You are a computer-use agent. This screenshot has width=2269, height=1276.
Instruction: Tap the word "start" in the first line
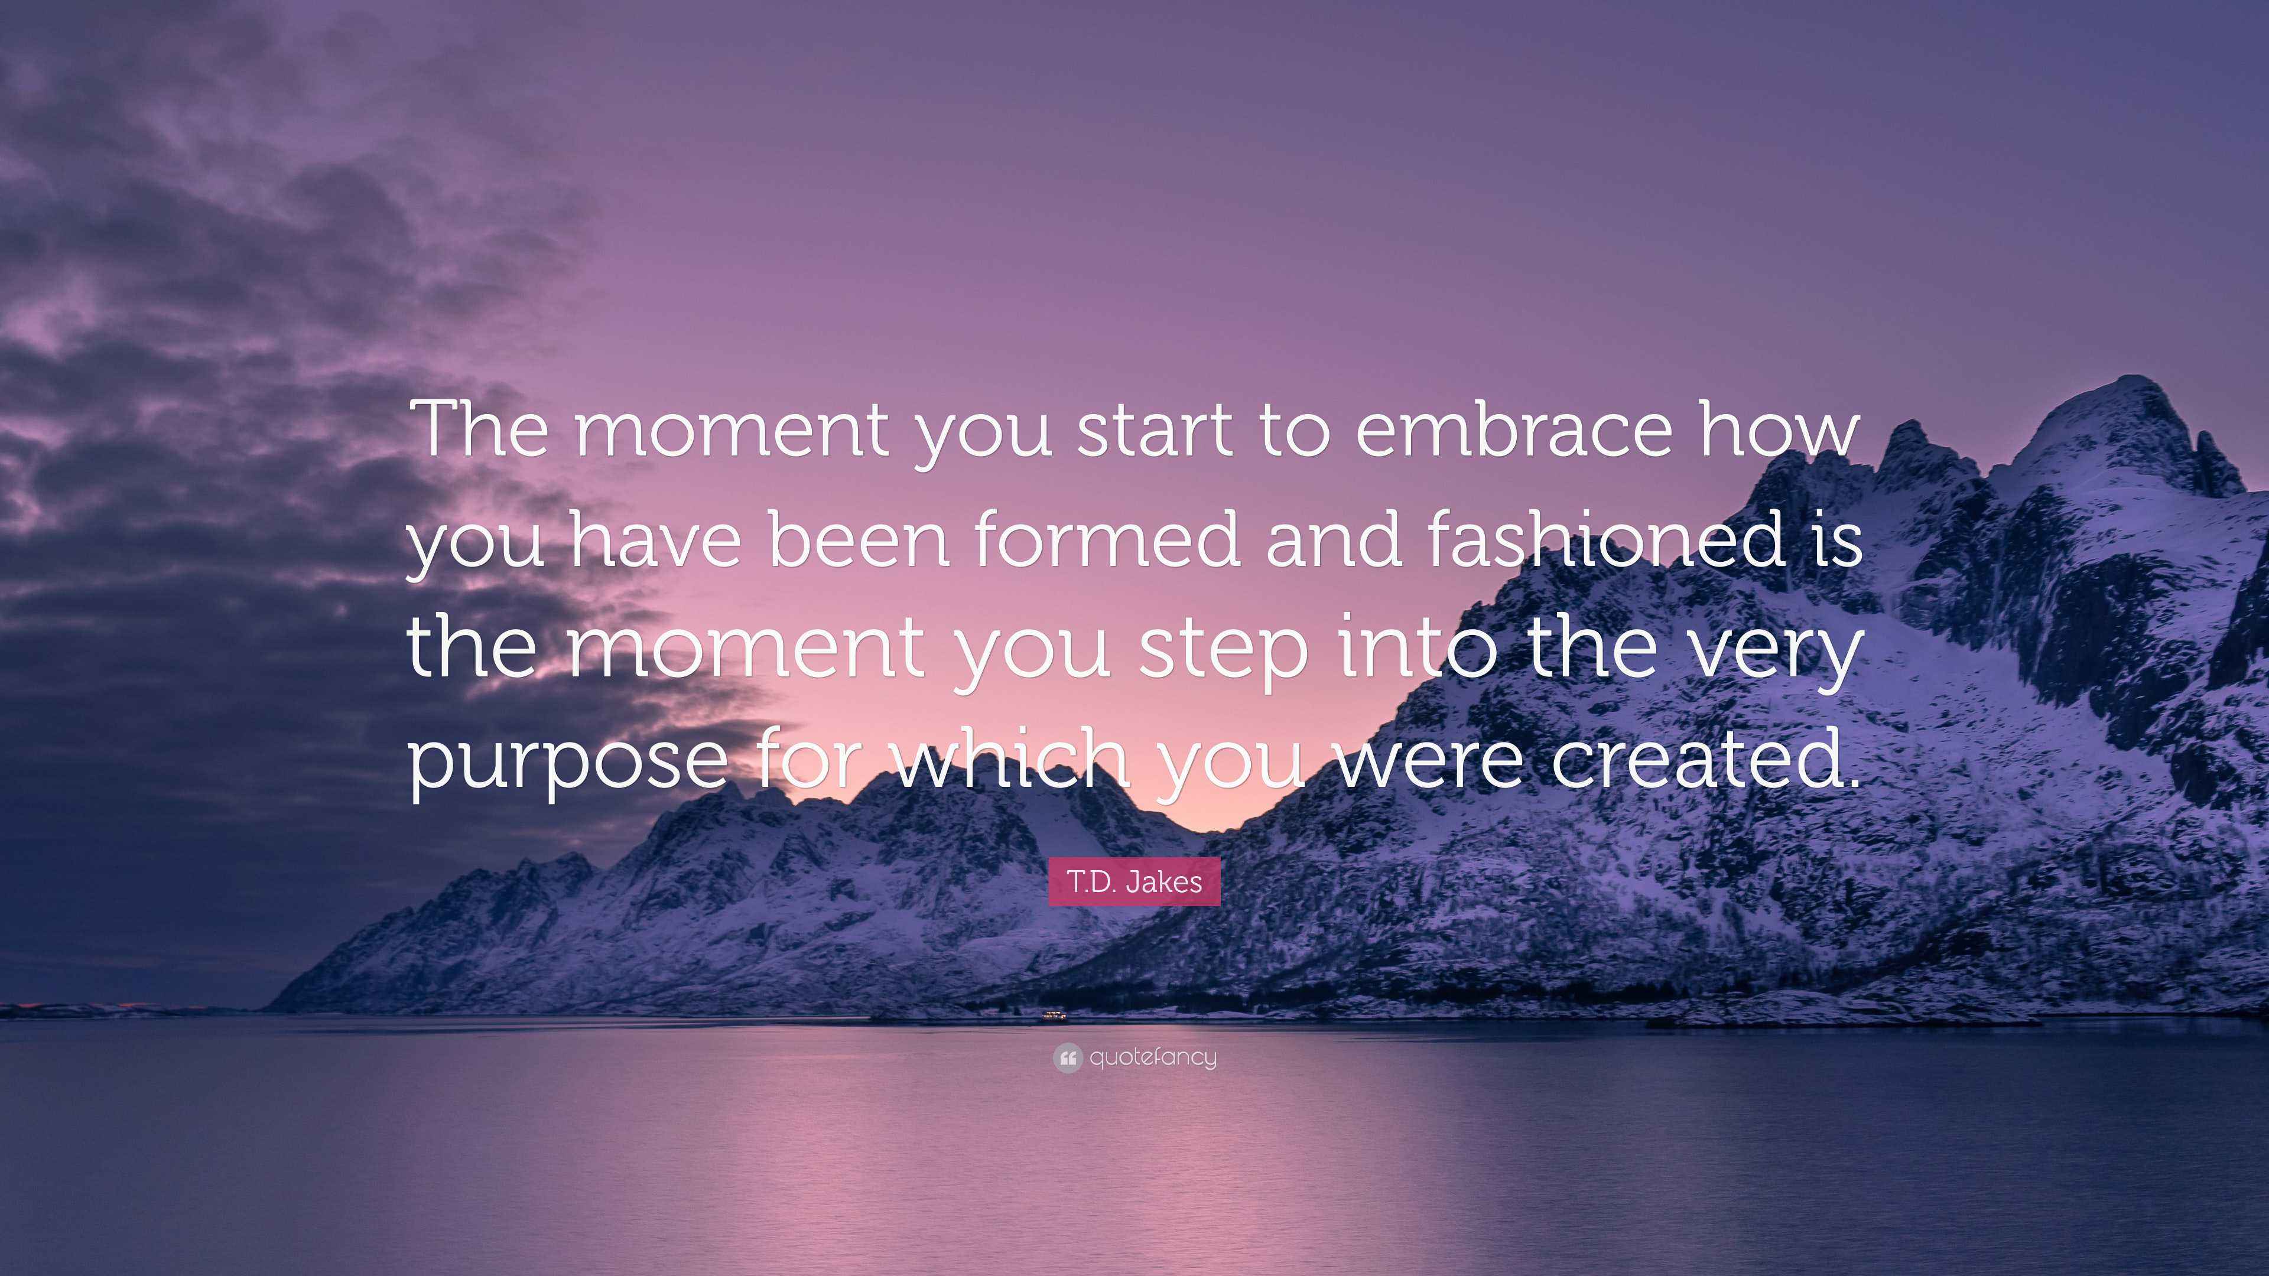(1155, 431)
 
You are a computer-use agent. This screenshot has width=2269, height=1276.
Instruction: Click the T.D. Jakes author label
(1134, 881)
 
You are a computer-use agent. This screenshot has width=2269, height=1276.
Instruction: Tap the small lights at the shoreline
(1054, 1016)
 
